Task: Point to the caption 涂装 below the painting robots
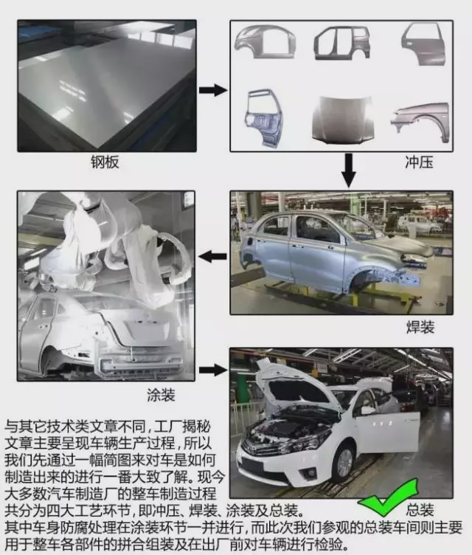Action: (161, 395)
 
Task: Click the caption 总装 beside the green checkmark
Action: (420, 509)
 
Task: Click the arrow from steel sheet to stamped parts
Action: (213, 90)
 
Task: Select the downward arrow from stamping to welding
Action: (349, 169)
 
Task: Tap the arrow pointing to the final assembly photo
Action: (213, 370)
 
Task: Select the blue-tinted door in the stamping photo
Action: (264, 116)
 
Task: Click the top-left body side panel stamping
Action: (265, 43)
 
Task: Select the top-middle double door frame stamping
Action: (341, 43)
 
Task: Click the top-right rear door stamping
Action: (423, 43)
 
